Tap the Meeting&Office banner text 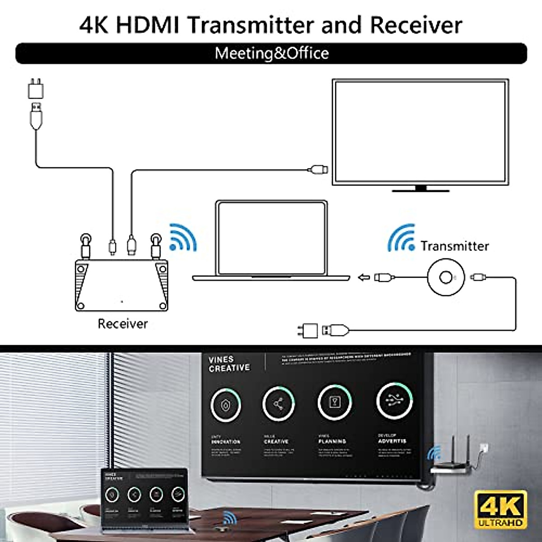pyautogui.click(x=271, y=53)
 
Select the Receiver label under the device pyautogui.click(x=122, y=323)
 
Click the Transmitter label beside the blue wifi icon pyautogui.click(x=454, y=246)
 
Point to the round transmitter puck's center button pyautogui.click(x=446, y=277)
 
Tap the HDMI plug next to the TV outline pyautogui.click(x=318, y=170)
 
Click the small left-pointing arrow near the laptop pyautogui.click(x=364, y=277)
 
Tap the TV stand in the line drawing pyautogui.click(x=421, y=189)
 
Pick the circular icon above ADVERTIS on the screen pyautogui.click(x=394, y=400)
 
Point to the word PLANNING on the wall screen pyautogui.click(x=332, y=441)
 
